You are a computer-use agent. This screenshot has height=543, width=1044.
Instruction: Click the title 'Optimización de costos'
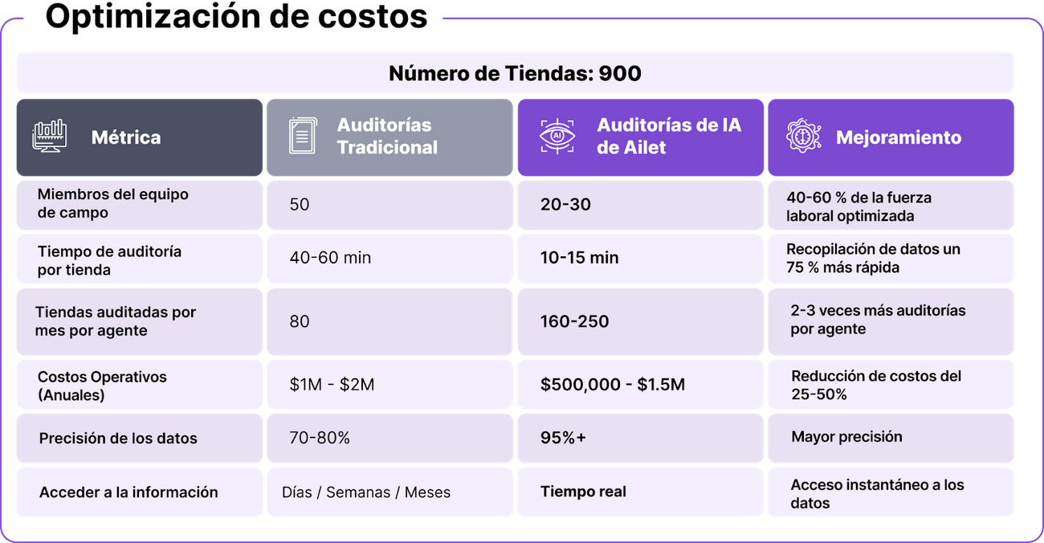click(236, 18)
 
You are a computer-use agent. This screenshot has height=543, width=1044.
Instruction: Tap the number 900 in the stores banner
click(620, 74)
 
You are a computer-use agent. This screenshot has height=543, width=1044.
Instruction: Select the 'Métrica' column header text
click(126, 137)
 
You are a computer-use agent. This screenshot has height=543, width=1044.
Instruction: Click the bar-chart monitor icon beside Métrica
click(50, 137)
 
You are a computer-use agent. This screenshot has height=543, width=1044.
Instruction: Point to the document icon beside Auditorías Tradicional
click(302, 137)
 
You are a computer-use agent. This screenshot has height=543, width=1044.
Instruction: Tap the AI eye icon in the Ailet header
click(557, 137)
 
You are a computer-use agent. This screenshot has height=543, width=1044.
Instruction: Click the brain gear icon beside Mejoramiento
click(804, 137)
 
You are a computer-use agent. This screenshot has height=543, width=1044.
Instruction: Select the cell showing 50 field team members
click(300, 205)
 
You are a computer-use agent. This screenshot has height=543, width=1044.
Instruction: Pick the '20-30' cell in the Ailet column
click(565, 205)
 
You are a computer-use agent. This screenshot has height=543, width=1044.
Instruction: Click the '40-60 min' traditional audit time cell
click(330, 258)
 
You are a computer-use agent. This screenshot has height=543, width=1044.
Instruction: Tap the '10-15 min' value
click(580, 258)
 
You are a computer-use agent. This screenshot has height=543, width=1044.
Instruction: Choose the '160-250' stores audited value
click(574, 321)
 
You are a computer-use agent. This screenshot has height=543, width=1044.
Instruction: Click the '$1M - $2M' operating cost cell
click(332, 385)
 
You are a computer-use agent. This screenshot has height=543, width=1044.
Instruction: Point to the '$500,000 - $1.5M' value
click(613, 385)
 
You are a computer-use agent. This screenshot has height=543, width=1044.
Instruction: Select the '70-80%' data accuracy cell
click(320, 438)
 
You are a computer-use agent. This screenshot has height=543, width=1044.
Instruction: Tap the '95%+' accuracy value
click(564, 438)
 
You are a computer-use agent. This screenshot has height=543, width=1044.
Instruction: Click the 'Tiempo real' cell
click(583, 492)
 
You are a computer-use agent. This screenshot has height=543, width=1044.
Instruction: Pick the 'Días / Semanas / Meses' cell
click(366, 492)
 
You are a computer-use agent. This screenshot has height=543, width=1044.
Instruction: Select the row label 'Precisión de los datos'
click(118, 439)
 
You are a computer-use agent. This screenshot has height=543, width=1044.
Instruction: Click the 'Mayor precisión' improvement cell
click(846, 437)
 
